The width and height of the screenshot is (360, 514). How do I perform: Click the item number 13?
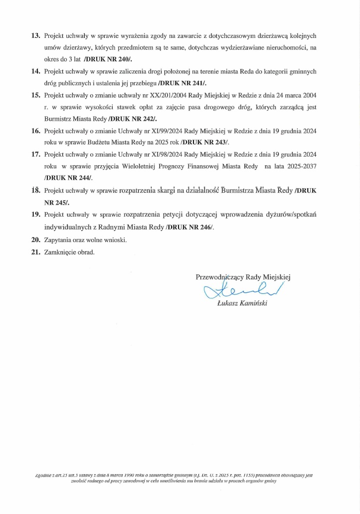point(35,36)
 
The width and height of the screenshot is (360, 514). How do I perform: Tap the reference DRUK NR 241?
point(182,83)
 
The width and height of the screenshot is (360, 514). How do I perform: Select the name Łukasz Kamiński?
point(242,303)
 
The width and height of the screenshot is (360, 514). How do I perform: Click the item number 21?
point(35,252)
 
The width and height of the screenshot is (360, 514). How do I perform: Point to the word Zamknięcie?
point(60,252)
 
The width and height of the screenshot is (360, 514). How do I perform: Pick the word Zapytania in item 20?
point(58,240)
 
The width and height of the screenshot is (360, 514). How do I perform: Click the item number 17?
point(35,154)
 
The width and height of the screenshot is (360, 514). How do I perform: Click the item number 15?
point(35,95)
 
